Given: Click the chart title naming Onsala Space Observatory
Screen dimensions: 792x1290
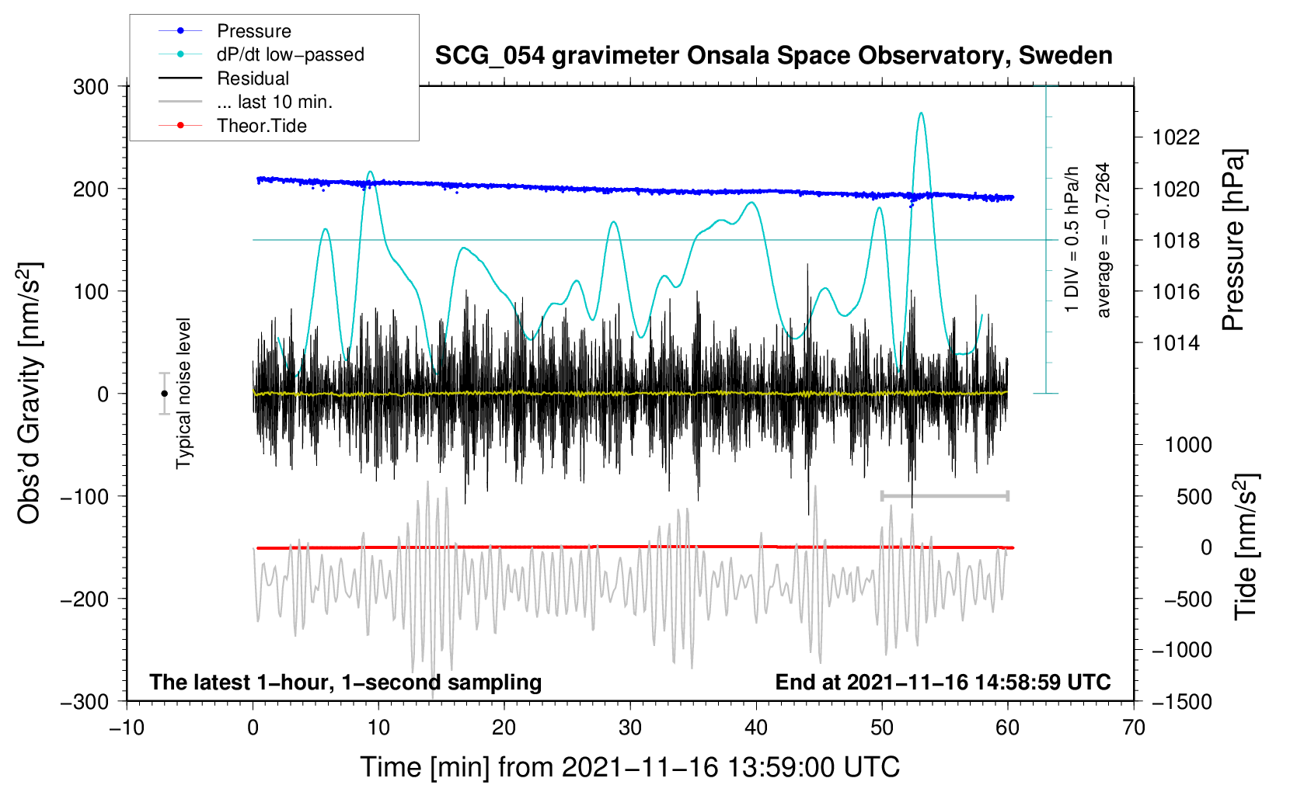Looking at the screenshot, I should pos(773,56).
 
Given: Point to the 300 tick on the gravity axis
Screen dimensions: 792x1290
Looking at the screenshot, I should pos(92,87).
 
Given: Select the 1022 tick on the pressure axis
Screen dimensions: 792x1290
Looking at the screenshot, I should pos(1176,138).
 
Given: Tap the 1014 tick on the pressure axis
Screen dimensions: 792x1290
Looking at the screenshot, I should pos(1176,343).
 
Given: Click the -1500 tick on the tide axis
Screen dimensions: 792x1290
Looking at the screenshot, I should pos(1181,702).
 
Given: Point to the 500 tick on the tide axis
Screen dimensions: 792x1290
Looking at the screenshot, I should pos(1194,497).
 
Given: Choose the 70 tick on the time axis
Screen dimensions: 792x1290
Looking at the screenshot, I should pos(1134,728).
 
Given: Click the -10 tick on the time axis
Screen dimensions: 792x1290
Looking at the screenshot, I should pos(127,728).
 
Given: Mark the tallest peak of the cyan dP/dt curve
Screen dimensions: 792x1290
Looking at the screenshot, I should pos(921,113).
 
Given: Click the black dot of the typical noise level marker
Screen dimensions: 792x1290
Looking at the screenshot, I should pos(164,394).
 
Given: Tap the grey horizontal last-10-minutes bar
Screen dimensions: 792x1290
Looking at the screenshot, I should pos(944,495).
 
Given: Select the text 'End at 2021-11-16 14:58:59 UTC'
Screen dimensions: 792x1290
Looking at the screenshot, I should pos(943,683).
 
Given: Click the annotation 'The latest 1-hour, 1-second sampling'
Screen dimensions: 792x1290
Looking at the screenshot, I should pos(346,683).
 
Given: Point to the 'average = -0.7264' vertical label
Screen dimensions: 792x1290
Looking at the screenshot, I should pos(1103,240).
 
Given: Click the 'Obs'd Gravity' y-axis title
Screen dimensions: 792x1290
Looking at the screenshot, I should pos(29,394).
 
